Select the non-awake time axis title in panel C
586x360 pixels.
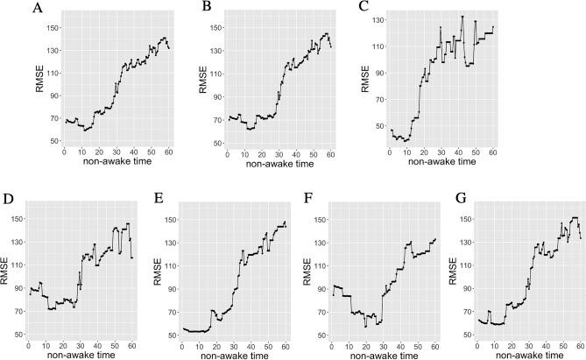pos(441,162)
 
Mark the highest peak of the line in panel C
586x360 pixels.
pos(462,17)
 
